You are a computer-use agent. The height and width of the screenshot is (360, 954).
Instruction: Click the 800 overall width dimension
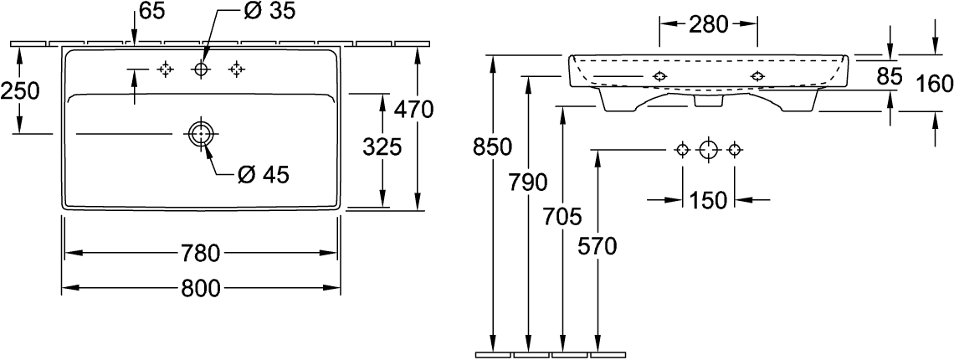point(201,288)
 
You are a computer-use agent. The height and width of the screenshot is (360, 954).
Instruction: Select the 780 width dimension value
point(201,252)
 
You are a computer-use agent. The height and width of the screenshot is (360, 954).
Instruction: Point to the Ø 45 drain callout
point(263,174)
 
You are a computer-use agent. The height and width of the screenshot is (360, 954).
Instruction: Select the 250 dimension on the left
point(20,90)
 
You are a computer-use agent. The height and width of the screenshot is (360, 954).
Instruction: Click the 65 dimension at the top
point(151,12)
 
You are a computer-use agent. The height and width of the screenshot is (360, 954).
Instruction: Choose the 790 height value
point(527,182)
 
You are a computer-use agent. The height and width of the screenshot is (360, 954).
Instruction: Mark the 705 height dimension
point(562,217)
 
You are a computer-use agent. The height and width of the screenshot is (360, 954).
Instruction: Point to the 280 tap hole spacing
point(708,24)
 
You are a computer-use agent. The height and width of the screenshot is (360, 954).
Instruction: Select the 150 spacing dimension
point(708,200)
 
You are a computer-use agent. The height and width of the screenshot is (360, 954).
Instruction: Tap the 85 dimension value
point(890,77)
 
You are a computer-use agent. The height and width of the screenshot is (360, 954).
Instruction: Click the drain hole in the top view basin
point(201,133)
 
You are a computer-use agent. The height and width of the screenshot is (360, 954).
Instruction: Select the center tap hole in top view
point(201,69)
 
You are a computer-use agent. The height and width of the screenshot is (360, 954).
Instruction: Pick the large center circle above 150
point(708,150)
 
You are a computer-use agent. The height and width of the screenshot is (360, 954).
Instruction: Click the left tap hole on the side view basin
point(659,77)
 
